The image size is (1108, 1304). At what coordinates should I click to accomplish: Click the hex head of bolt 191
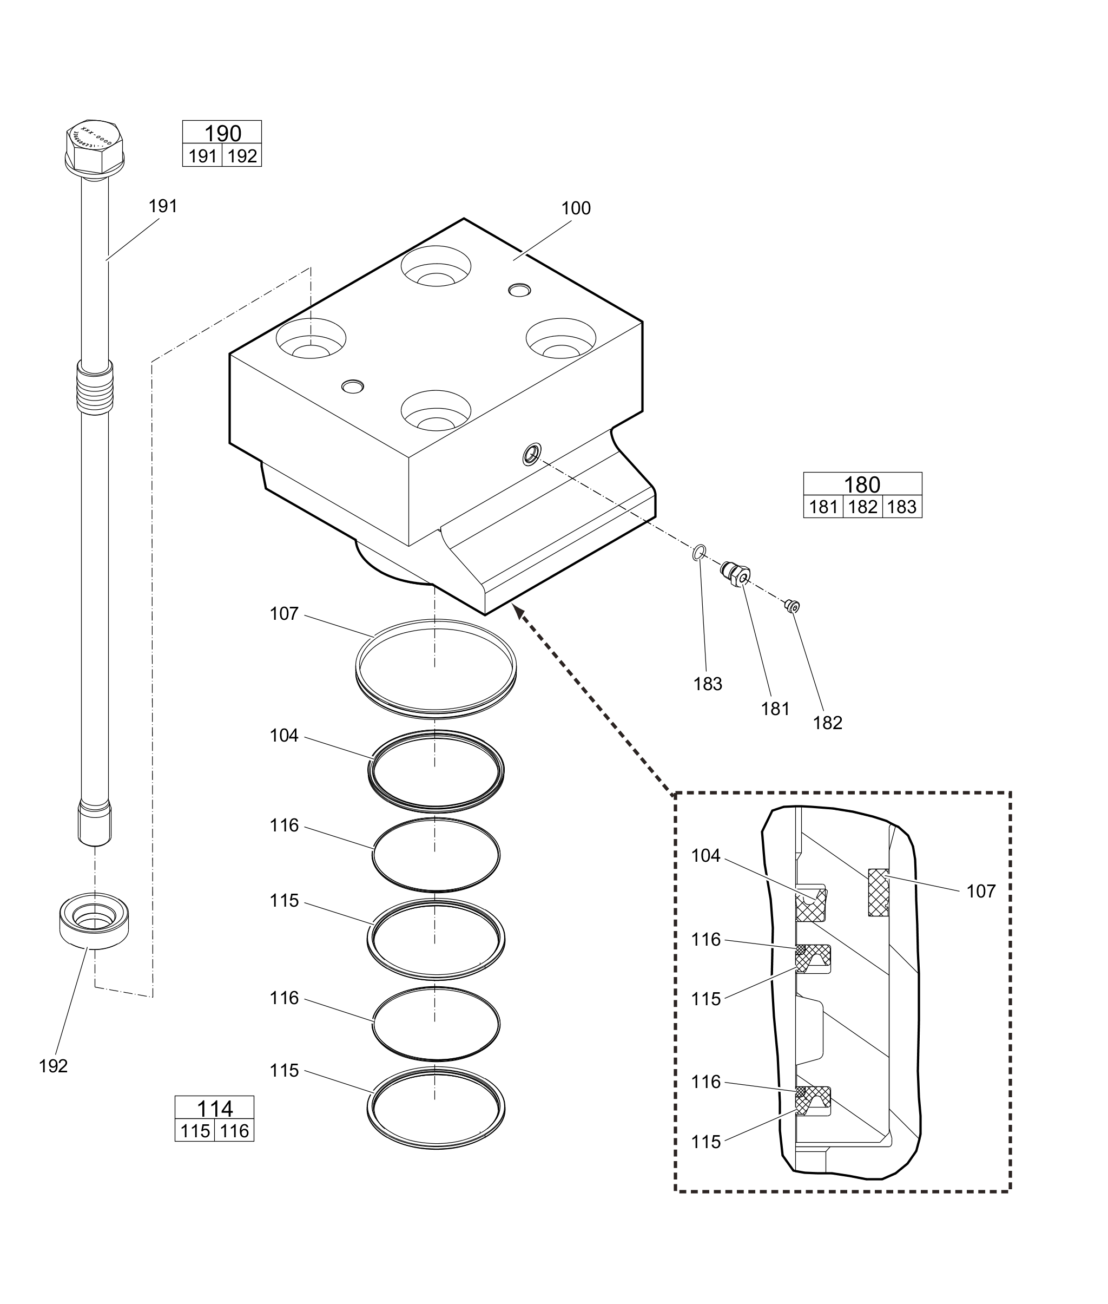pos(95,147)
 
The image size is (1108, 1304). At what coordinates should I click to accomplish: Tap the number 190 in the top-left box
pos(222,133)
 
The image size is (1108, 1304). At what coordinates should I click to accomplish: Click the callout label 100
pos(575,208)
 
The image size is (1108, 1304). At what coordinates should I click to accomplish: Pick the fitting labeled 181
pos(735,573)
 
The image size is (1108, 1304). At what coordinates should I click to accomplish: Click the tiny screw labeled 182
pos(793,605)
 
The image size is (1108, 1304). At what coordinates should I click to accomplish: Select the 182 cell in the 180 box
pos(862,507)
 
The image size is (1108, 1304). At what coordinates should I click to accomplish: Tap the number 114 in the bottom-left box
pos(215,1108)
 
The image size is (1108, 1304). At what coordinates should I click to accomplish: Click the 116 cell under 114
pos(235,1131)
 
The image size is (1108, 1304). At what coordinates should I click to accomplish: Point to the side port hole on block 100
pos(532,453)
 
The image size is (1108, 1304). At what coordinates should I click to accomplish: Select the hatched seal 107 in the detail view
pos(878,892)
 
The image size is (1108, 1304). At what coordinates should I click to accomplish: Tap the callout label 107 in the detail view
pos(980,891)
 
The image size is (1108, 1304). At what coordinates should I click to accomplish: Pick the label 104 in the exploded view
pos(284,735)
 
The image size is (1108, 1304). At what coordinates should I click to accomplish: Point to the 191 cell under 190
pos(202,156)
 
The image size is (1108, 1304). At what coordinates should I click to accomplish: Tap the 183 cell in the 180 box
pos(902,507)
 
